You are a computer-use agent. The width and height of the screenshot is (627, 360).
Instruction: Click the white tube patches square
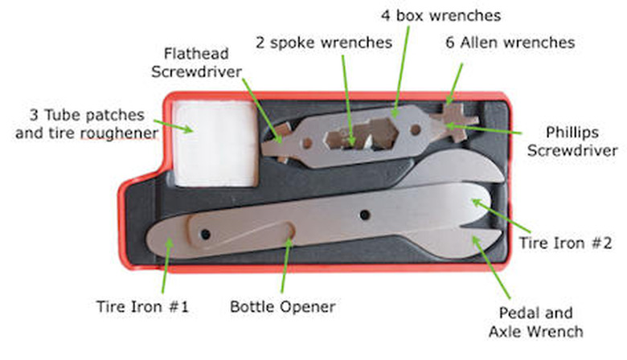[x=216, y=144]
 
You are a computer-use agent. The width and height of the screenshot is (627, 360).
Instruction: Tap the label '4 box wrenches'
[x=441, y=15]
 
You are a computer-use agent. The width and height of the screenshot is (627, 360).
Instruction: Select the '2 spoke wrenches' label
[x=324, y=43]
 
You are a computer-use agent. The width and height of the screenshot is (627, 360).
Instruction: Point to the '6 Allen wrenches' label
[x=510, y=43]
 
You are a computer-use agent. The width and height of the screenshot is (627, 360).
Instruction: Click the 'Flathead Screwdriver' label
[x=196, y=63]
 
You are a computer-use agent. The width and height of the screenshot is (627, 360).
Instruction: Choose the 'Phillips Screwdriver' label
[x=572, y=141]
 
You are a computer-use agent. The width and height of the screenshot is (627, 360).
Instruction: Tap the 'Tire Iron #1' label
[x=142, y=307]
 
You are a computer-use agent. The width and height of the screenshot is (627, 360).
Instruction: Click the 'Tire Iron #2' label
[x=565, y=243]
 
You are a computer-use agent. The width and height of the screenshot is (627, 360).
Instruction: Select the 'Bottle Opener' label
[x=283, y=307]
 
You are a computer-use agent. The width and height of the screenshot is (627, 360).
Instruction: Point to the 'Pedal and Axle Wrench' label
[x=536, y=322]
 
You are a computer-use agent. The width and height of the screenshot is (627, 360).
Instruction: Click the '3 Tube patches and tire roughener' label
[x=87, y=124]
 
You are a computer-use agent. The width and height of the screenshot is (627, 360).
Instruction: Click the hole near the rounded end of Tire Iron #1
[x=206, y=234]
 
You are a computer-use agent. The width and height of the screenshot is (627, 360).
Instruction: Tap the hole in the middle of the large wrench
[x=365, y=215]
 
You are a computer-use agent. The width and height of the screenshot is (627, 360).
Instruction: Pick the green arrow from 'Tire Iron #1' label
[x=166, y=266]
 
